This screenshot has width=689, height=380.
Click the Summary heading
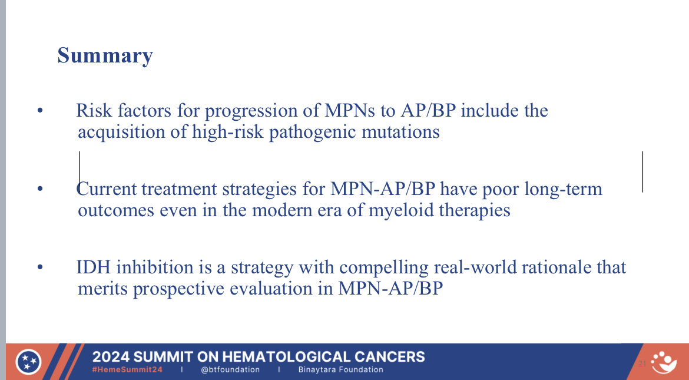click(105, 56)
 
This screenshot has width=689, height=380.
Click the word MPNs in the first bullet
click(350, 110)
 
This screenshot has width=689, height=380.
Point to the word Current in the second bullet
click(107, 189)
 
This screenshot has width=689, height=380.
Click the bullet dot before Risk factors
click(41, 111)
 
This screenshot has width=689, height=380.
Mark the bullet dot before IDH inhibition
click(41, 267)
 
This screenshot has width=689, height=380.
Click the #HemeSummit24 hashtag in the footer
click(127, 369)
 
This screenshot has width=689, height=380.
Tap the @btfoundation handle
click(230, 369)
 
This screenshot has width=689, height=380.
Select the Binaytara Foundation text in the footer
click(340, 369)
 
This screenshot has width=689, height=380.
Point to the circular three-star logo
click(29, 362)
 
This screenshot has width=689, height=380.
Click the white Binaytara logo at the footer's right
click(664, 362)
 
